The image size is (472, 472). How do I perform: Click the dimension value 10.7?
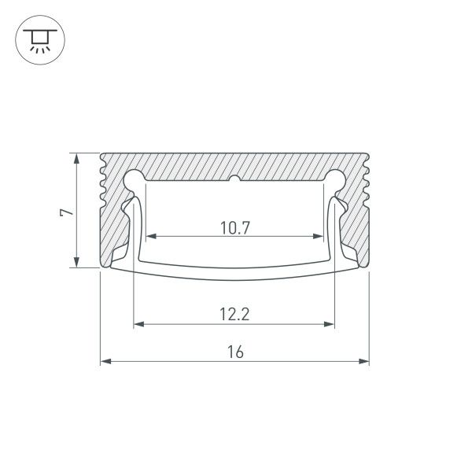click(x=235, y=229)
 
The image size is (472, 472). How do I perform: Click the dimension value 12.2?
click(x=234, y=315)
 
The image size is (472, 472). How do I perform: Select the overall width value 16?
click(x=235, y=353)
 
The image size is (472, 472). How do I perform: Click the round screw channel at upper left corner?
click(x=135, y=179)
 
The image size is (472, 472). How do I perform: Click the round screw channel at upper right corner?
click(x=336, y=179)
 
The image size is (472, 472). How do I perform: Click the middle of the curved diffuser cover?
click(x=235, y=274)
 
